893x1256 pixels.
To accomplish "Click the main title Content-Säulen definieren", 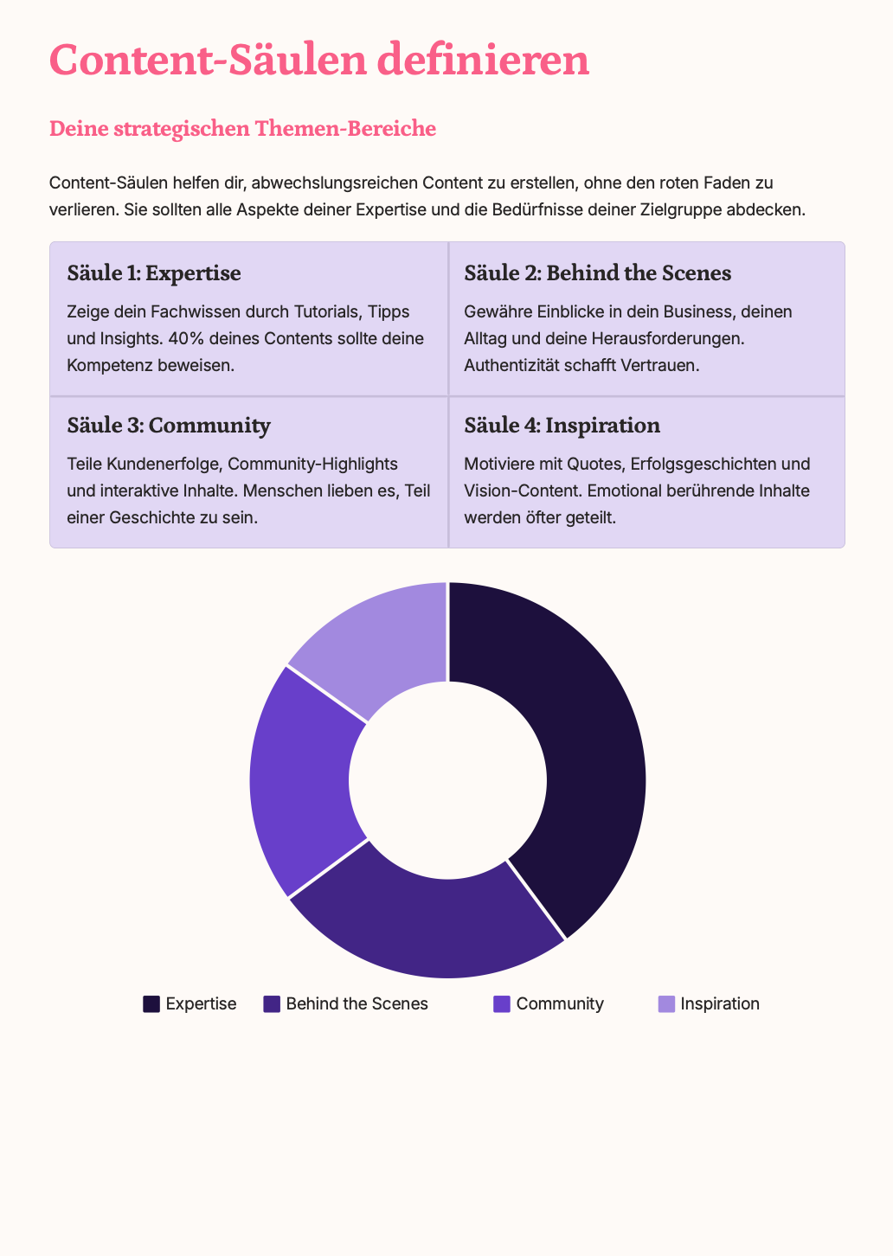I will (319, 61).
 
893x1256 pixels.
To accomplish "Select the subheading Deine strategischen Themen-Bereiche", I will (242, 129).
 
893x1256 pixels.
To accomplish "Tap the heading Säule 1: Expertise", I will (154, 273).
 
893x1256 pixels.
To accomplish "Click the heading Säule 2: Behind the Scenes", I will (597, 273).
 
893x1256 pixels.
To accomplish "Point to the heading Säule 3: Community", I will (169, 426).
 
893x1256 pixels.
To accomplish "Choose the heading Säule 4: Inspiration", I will (562, 426).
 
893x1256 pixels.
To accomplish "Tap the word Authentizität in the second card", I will (511, 365).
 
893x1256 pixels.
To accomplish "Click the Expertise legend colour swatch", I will (151, 1004).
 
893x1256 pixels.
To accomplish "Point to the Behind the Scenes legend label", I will (357, 1004).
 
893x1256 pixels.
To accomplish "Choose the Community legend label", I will (560, 1004).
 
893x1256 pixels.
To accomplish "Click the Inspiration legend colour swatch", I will (666, 1004).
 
